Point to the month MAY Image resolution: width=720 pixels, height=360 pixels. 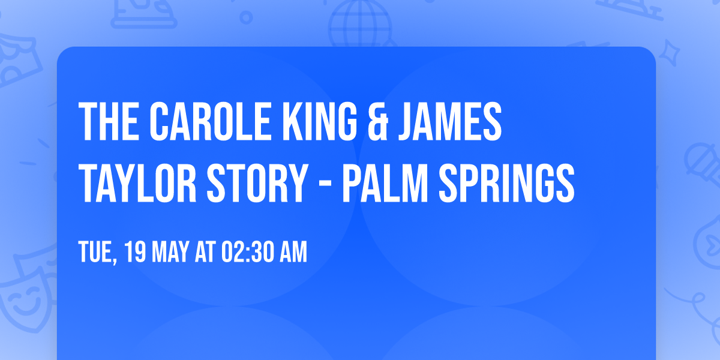pos(170,253)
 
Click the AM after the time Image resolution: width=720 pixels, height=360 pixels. pos(292,253)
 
